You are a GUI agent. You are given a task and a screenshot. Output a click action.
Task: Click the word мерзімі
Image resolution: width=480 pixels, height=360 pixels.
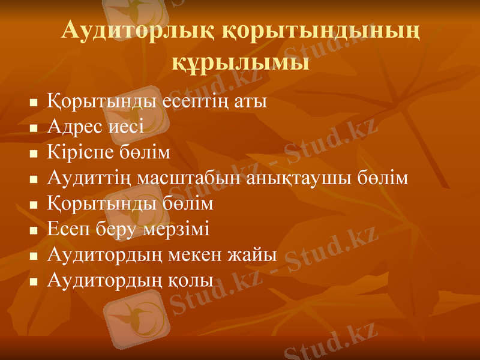coord(179,230)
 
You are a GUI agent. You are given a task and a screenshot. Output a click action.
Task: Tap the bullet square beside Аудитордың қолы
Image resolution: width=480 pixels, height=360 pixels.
coord(34,281)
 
